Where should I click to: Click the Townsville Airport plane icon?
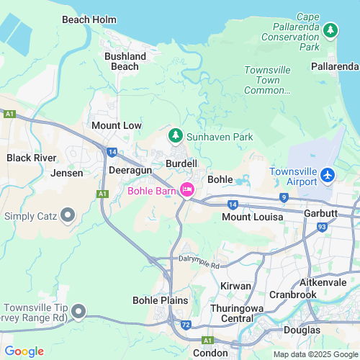(x=328, y=175)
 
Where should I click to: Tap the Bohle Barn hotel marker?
(x=187, y=190)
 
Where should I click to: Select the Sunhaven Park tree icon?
(x=175, y=135)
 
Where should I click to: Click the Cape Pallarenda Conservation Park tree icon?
(x=330, y=30)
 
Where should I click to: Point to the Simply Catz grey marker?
(x=68, y=215)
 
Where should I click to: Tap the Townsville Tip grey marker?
(x=78, y=311)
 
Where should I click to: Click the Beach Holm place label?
(x=89, y=20)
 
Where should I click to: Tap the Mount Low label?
(x=117, y=125)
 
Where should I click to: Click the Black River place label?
(x=31, y=158)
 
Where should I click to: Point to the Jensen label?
(x=67, y=173)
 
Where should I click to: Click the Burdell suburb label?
(x=181, y=164)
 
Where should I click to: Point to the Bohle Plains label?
(x=161, y=300)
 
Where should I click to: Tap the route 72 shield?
(x=185, y=326)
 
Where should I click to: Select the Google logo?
(x=24, y=351)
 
